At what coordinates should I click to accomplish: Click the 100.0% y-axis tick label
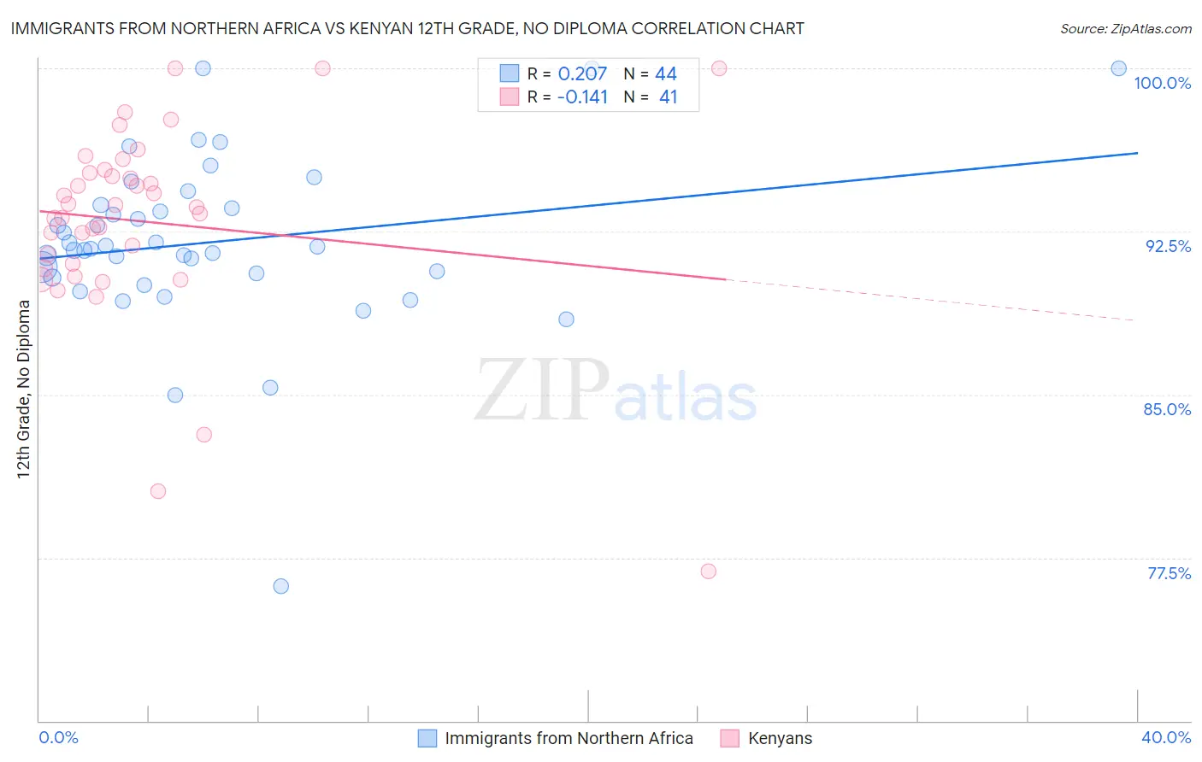tap(1162, 83)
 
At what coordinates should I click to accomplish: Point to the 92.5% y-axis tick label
tap(1168, 246)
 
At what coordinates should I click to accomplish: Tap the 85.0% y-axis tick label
tap(1167, 409)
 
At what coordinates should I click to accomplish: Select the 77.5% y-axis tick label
tap(1169, 573)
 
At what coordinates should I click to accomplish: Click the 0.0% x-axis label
tap(58, 737)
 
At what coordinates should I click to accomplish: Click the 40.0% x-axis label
tap(1165, 737)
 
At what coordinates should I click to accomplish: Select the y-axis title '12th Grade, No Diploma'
tap(24, 389)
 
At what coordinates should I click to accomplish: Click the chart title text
tap(407, 28)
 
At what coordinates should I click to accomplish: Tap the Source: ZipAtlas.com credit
tap(1125, 28)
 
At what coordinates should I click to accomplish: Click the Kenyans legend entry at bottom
tap(779, 738)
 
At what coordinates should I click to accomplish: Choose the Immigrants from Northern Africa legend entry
tap(569, 738)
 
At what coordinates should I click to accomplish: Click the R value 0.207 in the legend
tap(582, 73)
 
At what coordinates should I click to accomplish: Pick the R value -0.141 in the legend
tap(582, 97)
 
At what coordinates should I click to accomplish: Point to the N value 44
tap(665, 73)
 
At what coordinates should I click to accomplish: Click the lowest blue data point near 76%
tap(280, 586)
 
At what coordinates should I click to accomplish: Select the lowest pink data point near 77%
tap(708, 571)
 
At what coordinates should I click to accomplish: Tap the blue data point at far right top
tap(1118, 68)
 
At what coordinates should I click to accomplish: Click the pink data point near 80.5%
tap(158, 491)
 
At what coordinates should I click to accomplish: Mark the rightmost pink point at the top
tap(719, 68)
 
